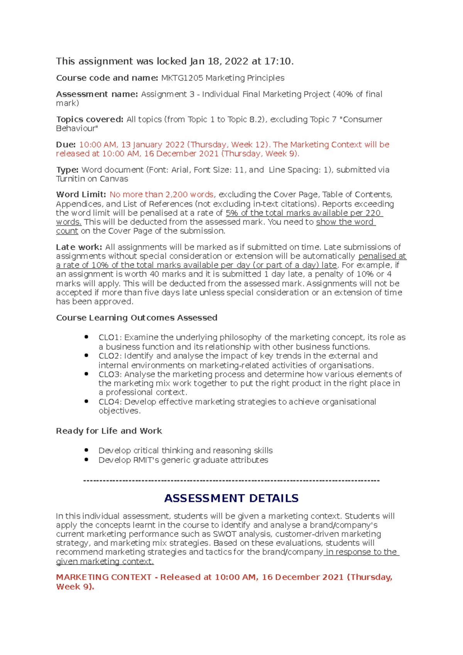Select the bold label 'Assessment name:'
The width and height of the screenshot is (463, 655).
point(97,94)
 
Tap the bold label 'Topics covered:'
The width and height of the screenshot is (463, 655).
point(90,120)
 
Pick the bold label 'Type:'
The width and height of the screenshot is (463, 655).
point(67,170)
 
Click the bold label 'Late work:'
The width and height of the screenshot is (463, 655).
point(79,247)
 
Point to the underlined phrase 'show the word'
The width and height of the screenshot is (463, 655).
point(345,222)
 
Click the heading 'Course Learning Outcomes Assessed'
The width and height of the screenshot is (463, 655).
point(137,318)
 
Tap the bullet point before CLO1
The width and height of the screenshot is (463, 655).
point(86,337)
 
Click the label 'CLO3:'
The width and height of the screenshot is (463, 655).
point(110,375)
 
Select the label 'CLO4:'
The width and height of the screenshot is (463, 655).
point(110,402)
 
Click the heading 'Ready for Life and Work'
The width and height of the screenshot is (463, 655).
point(109,431)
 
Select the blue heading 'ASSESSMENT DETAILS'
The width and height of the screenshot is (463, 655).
point(231,498)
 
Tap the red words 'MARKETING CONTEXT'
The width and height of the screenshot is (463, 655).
point(103,577)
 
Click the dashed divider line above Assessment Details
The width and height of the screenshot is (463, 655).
point(231,481)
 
